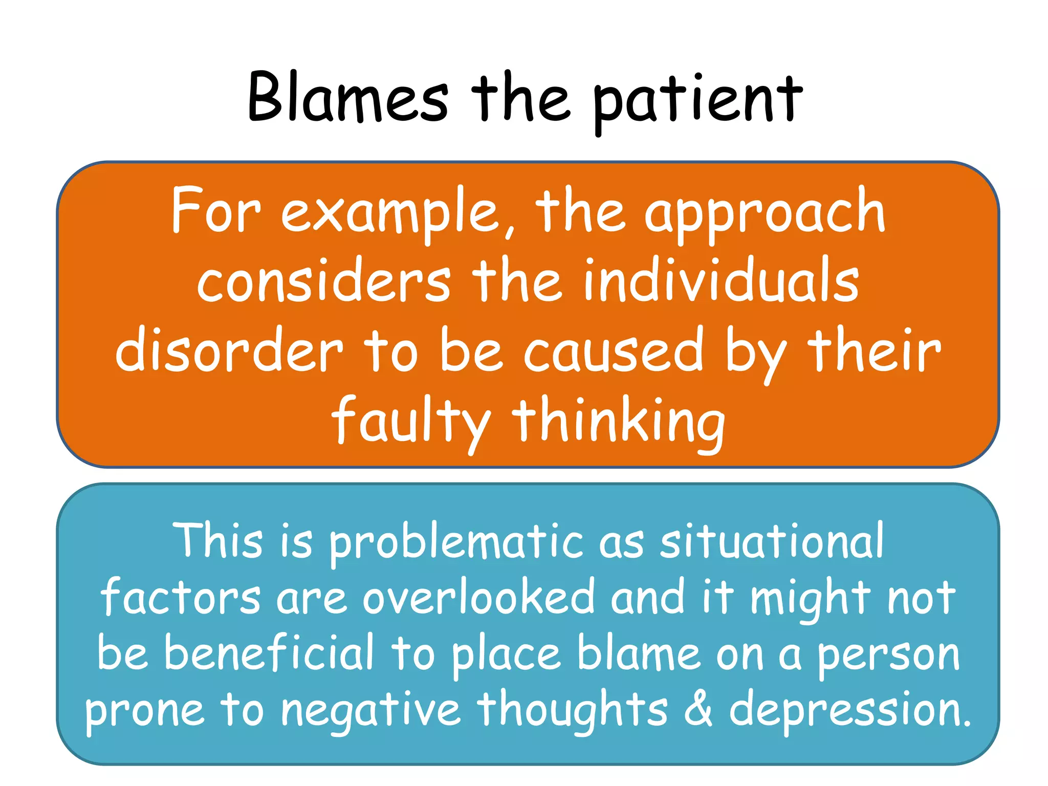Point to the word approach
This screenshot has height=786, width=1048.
pyautogui.click(x=765, y=214)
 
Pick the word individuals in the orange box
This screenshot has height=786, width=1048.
pyautogui.click(x=721, y=281)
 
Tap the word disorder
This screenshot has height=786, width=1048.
pyautogui.click(x=229, y=352)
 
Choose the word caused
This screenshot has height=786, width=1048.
pyautogui.click(x=614, y=352)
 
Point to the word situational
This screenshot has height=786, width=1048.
pyautogui.click(x=772, y=541)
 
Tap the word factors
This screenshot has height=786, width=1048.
pyautogui.click(x=181, y=598)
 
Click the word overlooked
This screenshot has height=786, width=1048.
pyautogui.click(x=478, y=598)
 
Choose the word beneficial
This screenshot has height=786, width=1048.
pyautogui.click(x=269, y=654)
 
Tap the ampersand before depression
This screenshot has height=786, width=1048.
pyautogui.click(x=698, y=709)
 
